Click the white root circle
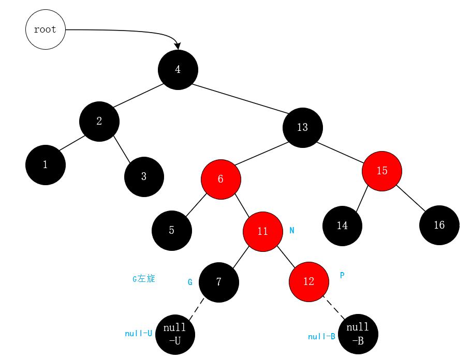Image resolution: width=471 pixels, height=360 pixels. click(46, 29)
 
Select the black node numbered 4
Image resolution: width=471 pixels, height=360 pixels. click(178, 69)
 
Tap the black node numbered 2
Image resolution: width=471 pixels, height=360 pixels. click(99, 122)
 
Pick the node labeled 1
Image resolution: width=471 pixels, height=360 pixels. click(46, 165)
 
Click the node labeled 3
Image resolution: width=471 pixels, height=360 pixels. click(144, 176)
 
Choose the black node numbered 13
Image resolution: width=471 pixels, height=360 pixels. click(303, 127)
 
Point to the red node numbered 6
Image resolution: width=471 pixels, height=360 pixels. click(221, 179)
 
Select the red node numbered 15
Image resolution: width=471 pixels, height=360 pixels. click(382, 171)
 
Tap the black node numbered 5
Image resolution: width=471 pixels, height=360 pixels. click(172, 230)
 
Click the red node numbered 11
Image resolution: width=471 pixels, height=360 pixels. click(263, 231)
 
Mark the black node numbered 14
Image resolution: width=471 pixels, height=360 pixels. click(342, 226)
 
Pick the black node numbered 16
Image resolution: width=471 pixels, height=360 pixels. click(439, 225)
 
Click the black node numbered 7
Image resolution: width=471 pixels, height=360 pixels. click(219, 282)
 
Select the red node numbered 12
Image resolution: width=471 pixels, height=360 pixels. click(309, 281)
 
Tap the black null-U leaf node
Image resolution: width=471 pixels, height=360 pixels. click(175, 334)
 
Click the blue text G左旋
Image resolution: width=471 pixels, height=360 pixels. click(144, 279)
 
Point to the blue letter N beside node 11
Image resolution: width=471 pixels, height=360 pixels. click(292, 231)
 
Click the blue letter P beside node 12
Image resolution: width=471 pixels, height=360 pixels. click(342, 275)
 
